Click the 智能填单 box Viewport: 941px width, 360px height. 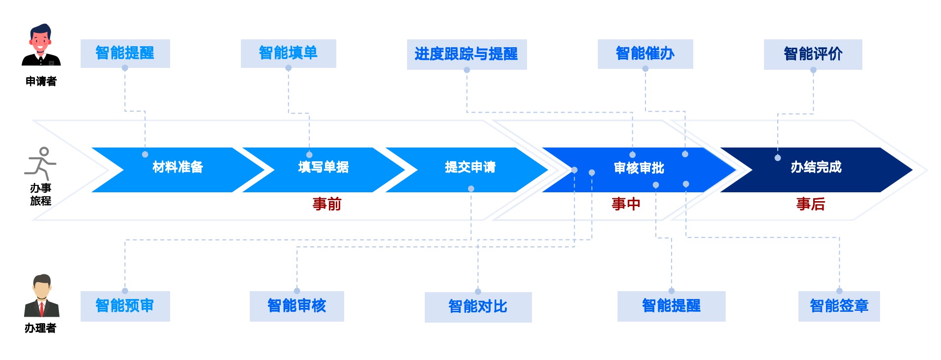point(288,53)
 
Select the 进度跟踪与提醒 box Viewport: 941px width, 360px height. point(467,54)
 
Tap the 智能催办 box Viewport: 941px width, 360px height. point(645,54)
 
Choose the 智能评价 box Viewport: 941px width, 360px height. point(813,54)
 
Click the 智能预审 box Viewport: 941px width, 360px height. point(125,306)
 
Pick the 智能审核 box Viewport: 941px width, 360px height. point(296,306)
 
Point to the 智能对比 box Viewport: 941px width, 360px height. point(478,307)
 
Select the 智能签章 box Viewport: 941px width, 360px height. point(839,306)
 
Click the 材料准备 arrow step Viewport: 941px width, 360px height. point(177,168)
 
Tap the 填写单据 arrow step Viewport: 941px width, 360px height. point(323,168)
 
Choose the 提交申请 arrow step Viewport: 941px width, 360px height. point(470,168)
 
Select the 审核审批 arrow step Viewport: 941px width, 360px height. point(639,169)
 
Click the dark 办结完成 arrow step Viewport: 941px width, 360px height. point(816,168)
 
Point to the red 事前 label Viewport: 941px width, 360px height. point(327,204)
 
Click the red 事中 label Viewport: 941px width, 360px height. point(626,204)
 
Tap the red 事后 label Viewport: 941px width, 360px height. point(811,204)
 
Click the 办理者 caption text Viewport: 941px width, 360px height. point(40,328)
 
